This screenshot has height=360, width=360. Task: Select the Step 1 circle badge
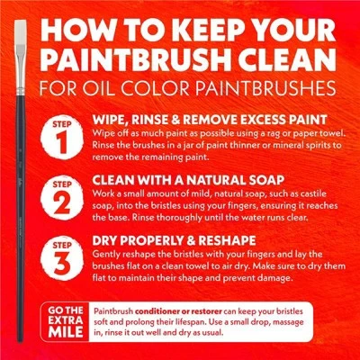[62, 137]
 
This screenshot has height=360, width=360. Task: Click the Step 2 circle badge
[62, 197]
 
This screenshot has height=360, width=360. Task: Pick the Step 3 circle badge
[62, 258]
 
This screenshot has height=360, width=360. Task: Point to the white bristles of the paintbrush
[21, 32]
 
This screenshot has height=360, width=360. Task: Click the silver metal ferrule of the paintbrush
[21, 70]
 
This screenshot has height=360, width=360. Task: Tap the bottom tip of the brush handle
[20, 341]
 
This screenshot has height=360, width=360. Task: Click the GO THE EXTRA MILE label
[66, 321]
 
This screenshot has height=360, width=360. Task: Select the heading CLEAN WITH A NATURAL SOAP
[188, 180]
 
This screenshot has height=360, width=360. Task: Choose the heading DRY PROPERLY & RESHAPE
[174, 240]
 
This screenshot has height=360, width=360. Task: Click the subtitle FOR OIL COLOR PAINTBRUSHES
[187, 87]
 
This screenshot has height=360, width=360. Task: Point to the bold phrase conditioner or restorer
[178, 311]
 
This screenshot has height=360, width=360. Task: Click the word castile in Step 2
[311, 193]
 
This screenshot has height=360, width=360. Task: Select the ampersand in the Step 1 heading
[175, 120]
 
